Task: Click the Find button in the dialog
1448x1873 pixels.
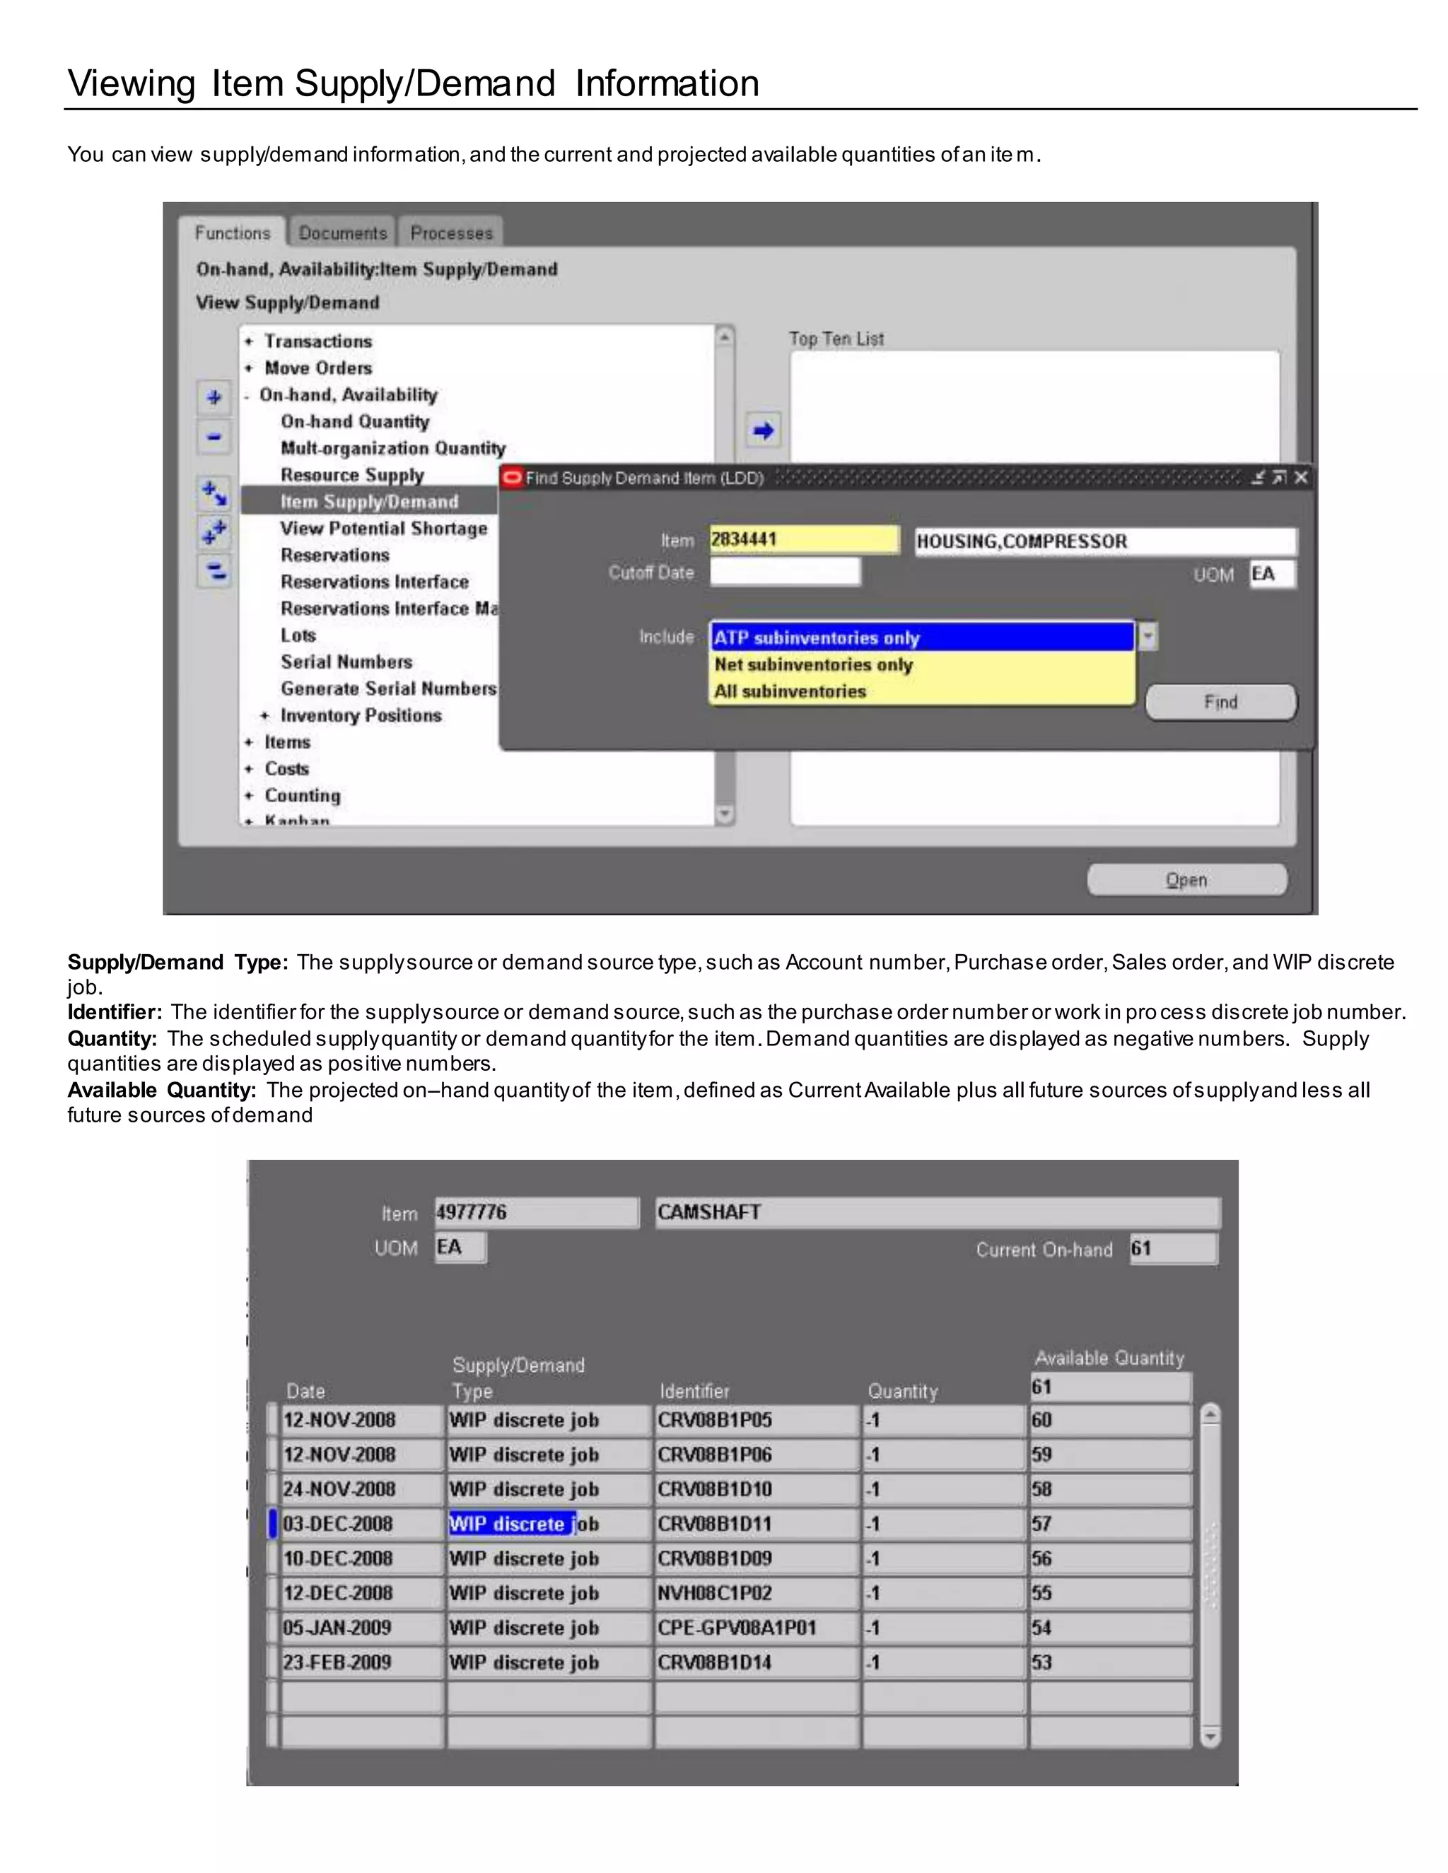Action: coord(1220,703)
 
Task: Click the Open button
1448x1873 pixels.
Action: coord(1186,880)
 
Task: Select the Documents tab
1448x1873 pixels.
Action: coord(342,233)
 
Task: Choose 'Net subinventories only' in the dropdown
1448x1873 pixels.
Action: coord(813,664)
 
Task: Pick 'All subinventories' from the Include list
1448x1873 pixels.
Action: coord(790,691)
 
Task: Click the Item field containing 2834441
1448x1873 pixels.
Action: coord(803,540)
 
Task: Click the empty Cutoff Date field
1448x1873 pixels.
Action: coord(784,572)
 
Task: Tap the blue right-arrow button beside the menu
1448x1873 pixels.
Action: coord(764,430)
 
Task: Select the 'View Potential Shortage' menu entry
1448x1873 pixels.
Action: coord(383,528)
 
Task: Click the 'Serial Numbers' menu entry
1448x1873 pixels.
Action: coord(346,662)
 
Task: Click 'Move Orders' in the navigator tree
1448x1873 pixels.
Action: coord(317,368)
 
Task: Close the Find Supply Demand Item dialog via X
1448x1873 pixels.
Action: coord(1300,478)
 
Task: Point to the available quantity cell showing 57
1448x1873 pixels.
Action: coord(1109,1524)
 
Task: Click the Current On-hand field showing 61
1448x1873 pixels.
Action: coord(1172,1249)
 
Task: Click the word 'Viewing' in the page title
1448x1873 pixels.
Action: coord(132,83)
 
